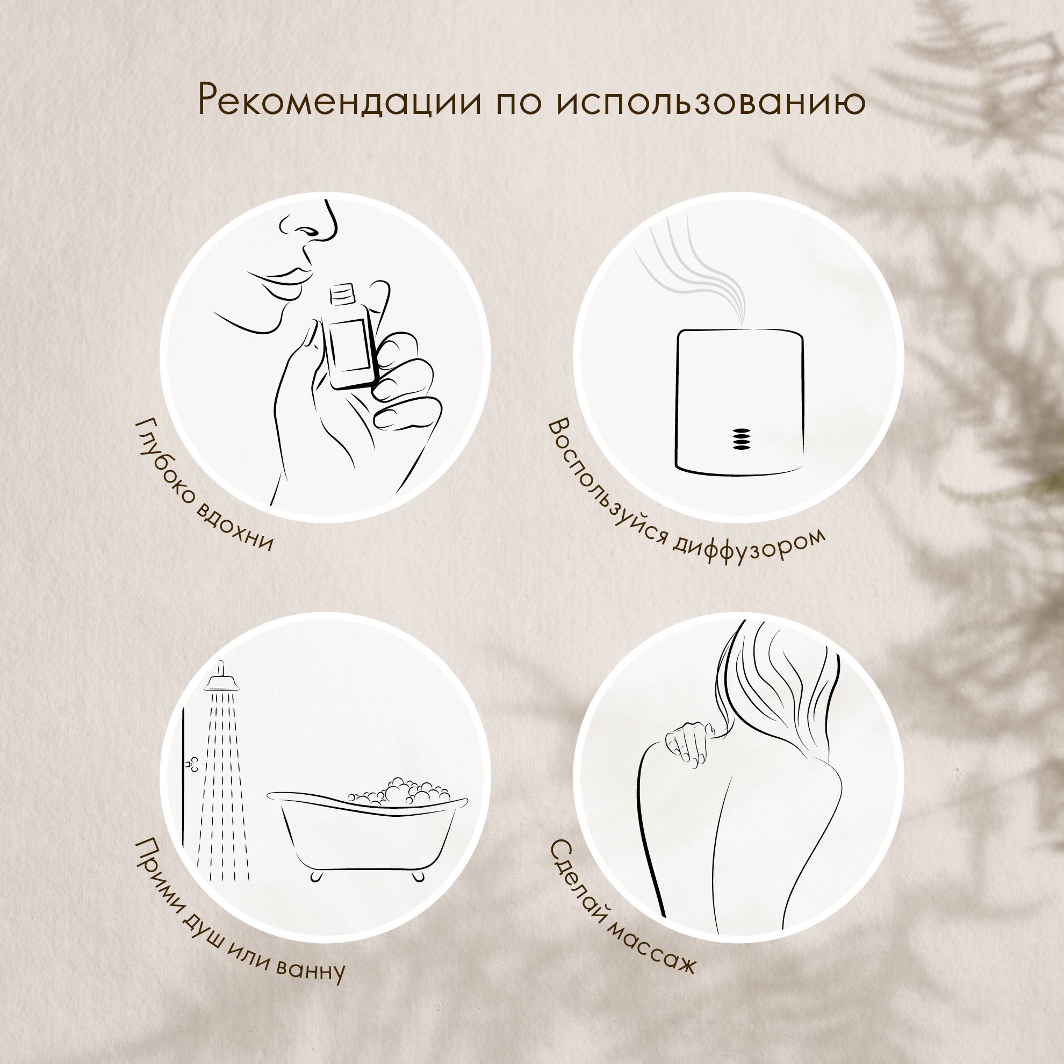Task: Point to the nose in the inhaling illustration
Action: tap(311, 225)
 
